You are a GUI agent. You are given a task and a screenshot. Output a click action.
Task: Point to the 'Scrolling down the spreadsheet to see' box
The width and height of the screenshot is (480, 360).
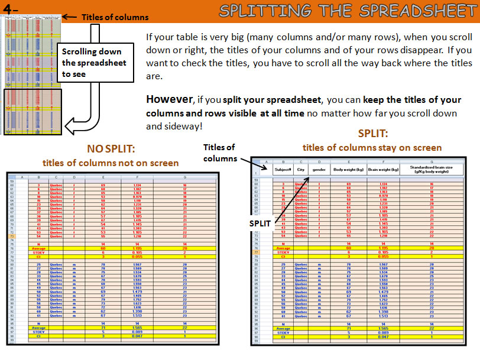coord(94,63)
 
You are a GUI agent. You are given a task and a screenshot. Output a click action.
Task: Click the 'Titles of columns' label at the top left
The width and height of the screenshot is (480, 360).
coord(115,17)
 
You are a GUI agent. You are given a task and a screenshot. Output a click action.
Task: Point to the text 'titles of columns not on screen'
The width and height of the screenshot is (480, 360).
coord(110,163)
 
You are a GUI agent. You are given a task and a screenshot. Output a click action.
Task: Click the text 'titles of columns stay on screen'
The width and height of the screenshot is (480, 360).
coord(372,147)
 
